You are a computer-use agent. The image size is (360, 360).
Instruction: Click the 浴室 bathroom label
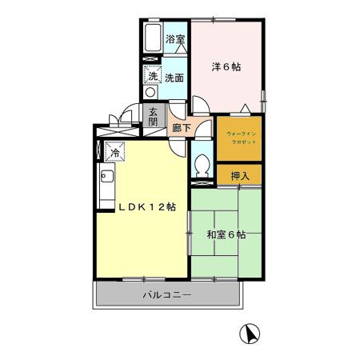(174, 38)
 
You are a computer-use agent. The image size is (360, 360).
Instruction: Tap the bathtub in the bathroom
(152, 38)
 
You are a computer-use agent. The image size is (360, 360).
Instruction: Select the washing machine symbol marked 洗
(151, 76)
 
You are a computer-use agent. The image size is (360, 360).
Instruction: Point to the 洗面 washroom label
(174, 78)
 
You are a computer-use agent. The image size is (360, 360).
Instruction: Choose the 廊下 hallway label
(181, 127)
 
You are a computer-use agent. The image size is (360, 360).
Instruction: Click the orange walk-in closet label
(238, 137)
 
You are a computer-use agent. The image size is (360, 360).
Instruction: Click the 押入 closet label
(239, 176)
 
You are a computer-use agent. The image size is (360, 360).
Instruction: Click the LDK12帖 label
(149, 207)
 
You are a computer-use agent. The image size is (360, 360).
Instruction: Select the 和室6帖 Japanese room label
(226, 234)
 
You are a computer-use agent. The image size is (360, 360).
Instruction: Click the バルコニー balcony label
(166, 295)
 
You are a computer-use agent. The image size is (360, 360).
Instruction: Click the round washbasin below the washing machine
(150, 92)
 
